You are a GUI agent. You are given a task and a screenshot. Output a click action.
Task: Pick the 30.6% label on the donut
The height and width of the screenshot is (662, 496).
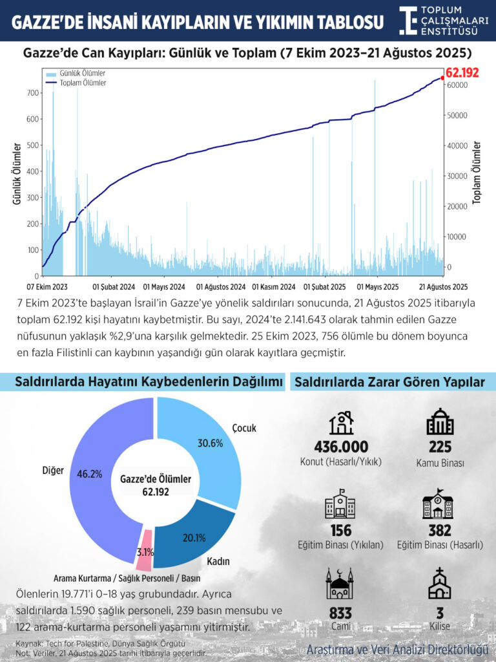211,443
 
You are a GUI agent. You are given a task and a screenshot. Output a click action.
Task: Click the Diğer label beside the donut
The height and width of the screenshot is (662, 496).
53,470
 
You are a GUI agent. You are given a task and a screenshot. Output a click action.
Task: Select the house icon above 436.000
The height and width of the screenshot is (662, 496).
341,423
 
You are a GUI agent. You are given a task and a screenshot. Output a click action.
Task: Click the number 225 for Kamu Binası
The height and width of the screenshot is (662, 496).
439,447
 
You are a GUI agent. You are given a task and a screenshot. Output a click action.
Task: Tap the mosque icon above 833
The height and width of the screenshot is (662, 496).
340,584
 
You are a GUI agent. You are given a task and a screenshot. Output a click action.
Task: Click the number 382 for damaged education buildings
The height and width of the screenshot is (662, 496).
439,531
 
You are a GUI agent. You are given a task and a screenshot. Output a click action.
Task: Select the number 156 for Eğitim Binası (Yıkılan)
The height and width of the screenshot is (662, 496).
340,531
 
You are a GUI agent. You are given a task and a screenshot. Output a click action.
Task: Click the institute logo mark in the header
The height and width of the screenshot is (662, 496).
408,20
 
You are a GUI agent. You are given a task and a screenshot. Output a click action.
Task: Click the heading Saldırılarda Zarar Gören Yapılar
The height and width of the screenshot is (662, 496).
390,383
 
